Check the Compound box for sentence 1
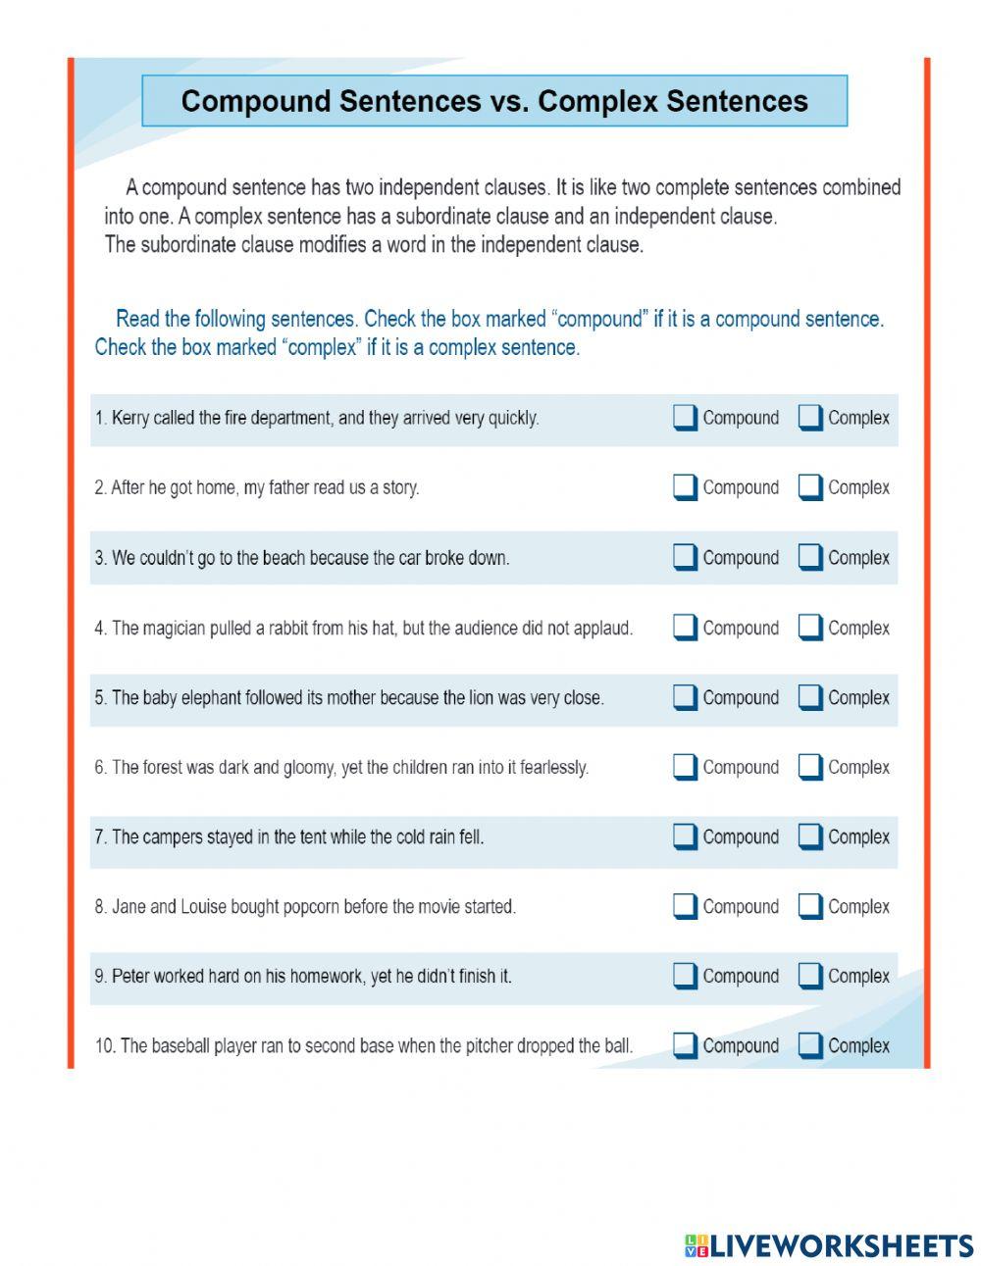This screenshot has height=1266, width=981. coord(684,418)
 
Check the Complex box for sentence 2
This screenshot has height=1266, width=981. coord(809,487)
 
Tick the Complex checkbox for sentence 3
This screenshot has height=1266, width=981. coord(809,557)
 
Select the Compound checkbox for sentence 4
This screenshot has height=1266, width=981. coord(684,628)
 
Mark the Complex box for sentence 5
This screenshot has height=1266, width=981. coord(809,697)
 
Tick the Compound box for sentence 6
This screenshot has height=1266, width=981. coord(684,767)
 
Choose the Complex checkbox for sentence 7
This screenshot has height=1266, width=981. coord(809,836)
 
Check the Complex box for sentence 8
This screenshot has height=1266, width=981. coord(809,906)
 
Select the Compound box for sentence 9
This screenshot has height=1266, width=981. coord(684,976)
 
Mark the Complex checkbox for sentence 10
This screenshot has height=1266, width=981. coord(809,1045)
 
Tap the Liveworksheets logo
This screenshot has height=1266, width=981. coord(829,1245)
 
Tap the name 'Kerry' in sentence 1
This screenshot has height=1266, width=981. coord(130,418)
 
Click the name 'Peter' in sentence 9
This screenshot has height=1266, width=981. coord(130,977)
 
